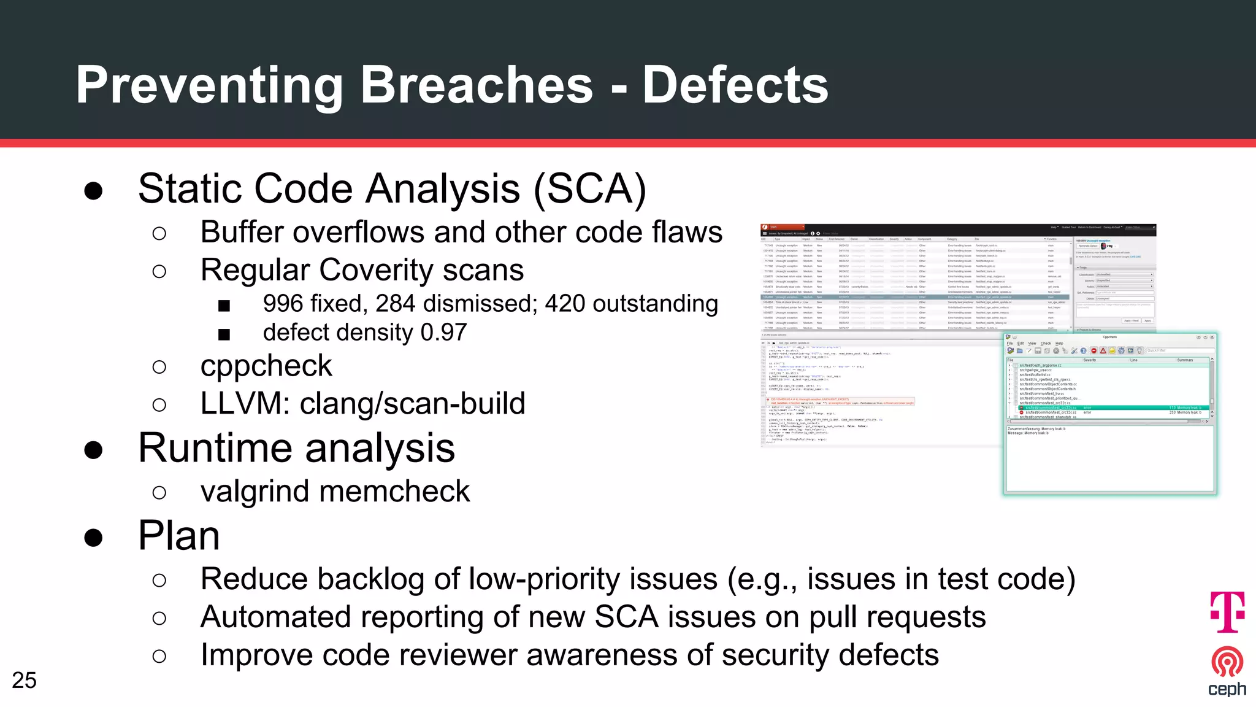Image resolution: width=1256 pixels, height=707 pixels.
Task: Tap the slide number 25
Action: (24, 680)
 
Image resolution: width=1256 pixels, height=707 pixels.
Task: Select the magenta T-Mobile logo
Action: (1227, 611)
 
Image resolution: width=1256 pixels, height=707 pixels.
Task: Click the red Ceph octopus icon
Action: (1227, 662)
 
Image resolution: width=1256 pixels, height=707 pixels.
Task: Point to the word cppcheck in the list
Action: (266, 366)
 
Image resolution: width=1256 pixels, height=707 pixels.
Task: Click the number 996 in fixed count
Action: (283, 304)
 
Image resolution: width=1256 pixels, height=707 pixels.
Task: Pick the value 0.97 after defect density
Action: (443, 333)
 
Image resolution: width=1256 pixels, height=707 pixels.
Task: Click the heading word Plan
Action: (179, 535)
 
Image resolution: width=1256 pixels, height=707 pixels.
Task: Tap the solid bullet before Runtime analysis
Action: (93, 450)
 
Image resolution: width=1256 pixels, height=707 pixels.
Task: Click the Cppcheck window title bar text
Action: (1109, 337)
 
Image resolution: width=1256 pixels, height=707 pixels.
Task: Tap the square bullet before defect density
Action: (224, 334)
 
